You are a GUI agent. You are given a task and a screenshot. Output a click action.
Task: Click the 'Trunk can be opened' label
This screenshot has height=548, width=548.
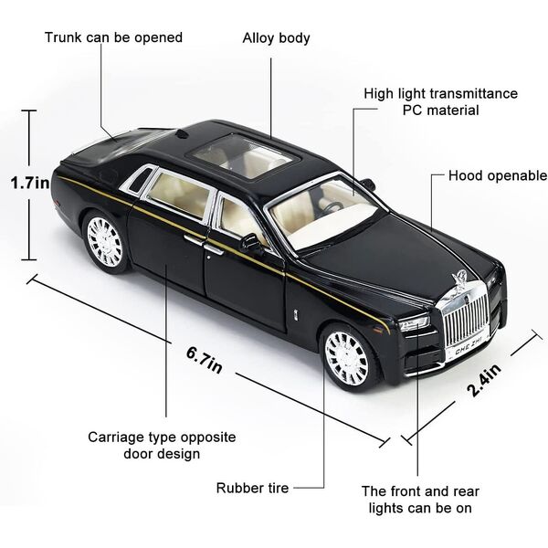click(113, 37)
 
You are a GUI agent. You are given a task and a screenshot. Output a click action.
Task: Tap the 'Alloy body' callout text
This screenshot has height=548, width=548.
click(276, 38)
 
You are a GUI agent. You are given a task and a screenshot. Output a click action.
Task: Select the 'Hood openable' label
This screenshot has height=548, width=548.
click(498, 175)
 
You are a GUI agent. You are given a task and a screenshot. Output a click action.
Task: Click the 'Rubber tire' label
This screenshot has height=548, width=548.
click(252, 488)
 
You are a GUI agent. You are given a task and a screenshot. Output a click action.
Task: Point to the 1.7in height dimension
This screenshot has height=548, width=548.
click(30, 183)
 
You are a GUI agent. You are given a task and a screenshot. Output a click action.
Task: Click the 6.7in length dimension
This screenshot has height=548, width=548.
click(204, 361)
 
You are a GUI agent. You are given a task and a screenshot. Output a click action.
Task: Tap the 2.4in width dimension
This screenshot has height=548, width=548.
click(484, 381)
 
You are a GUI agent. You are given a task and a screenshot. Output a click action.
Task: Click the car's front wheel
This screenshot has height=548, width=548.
click(349, 360)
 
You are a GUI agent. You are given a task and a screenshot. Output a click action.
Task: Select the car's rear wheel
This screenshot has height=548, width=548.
click(105, 242)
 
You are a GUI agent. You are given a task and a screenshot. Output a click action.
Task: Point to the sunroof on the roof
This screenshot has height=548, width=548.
click(244, 156)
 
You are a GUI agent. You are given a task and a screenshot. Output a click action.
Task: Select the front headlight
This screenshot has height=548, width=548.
click(415, 322)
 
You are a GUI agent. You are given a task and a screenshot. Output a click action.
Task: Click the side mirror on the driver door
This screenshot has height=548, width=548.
click(252, 242)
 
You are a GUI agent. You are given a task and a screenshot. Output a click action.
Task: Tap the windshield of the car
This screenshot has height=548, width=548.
click(323, 212)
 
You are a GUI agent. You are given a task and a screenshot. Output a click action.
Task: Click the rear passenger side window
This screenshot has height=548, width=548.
click(180, 196)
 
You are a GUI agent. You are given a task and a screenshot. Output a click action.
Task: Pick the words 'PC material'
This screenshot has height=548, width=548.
click(440, 111)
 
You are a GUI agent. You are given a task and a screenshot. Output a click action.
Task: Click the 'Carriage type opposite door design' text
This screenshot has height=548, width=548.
click(162, 446)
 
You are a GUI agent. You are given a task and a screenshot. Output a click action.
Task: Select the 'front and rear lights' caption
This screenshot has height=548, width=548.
click(420, 500)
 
